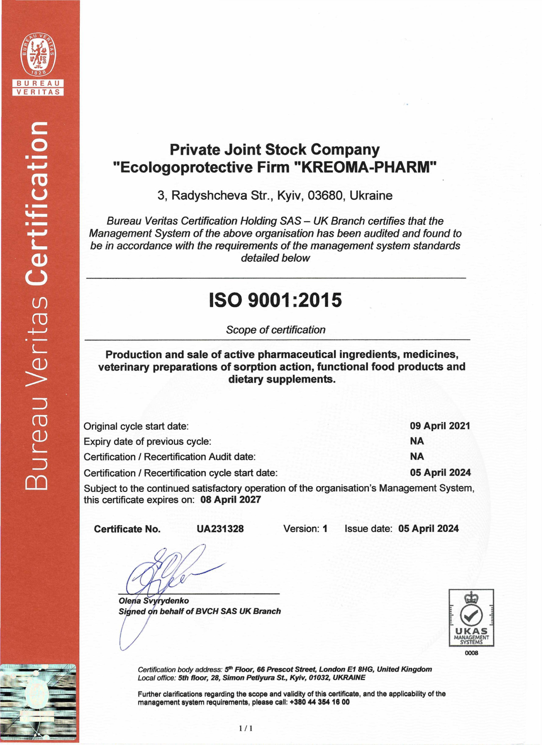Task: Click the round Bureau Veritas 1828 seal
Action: (x=39, y=54)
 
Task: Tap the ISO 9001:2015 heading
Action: (x=275, y=300)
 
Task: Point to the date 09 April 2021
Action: (x=440, y=426)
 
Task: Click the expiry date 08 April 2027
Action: (x=231, y=500)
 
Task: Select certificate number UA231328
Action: (x=220, y=529)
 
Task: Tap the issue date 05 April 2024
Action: (x=428, y=529)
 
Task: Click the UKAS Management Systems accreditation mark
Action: (x=471, y=618)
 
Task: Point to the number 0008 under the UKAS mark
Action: (x=471, y=653)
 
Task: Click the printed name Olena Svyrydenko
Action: (x=154, y=601)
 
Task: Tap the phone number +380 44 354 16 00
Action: (x=319, y=702)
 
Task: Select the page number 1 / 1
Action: (x=246, y=728)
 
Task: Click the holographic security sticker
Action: (x=39, y=702)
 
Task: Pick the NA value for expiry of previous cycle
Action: (x=417, y=441)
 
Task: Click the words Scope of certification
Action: (x=275, y=330)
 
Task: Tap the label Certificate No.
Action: (x=127, y=529)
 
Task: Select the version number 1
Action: (x=325, y=529)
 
